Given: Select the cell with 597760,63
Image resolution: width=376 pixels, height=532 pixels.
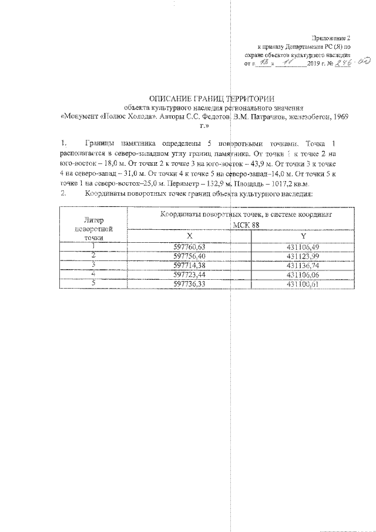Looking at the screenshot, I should (x=190, y=247).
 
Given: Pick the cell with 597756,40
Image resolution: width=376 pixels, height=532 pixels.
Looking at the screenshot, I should (x=190, y=256).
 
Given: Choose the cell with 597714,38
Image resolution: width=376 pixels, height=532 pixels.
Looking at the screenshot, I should (x=190, y=265).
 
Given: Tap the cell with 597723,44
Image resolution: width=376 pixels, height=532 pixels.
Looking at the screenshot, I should (x=190, y=275).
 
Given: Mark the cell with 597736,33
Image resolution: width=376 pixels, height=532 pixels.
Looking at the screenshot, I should (x=190, y=284).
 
